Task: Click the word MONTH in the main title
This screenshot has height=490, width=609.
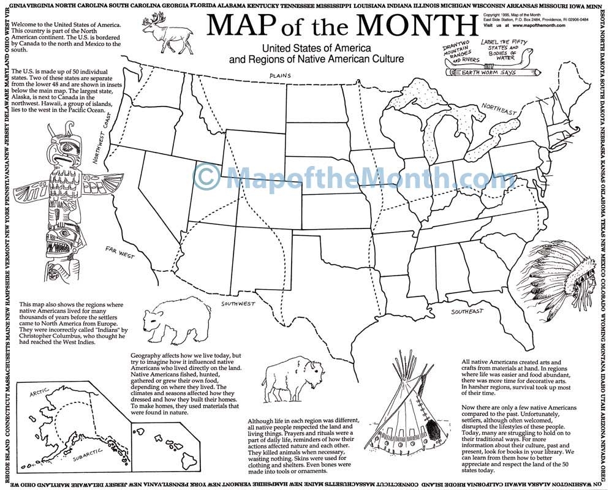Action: [417, 26]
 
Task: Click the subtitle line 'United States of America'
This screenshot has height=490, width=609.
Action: [316, 48]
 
